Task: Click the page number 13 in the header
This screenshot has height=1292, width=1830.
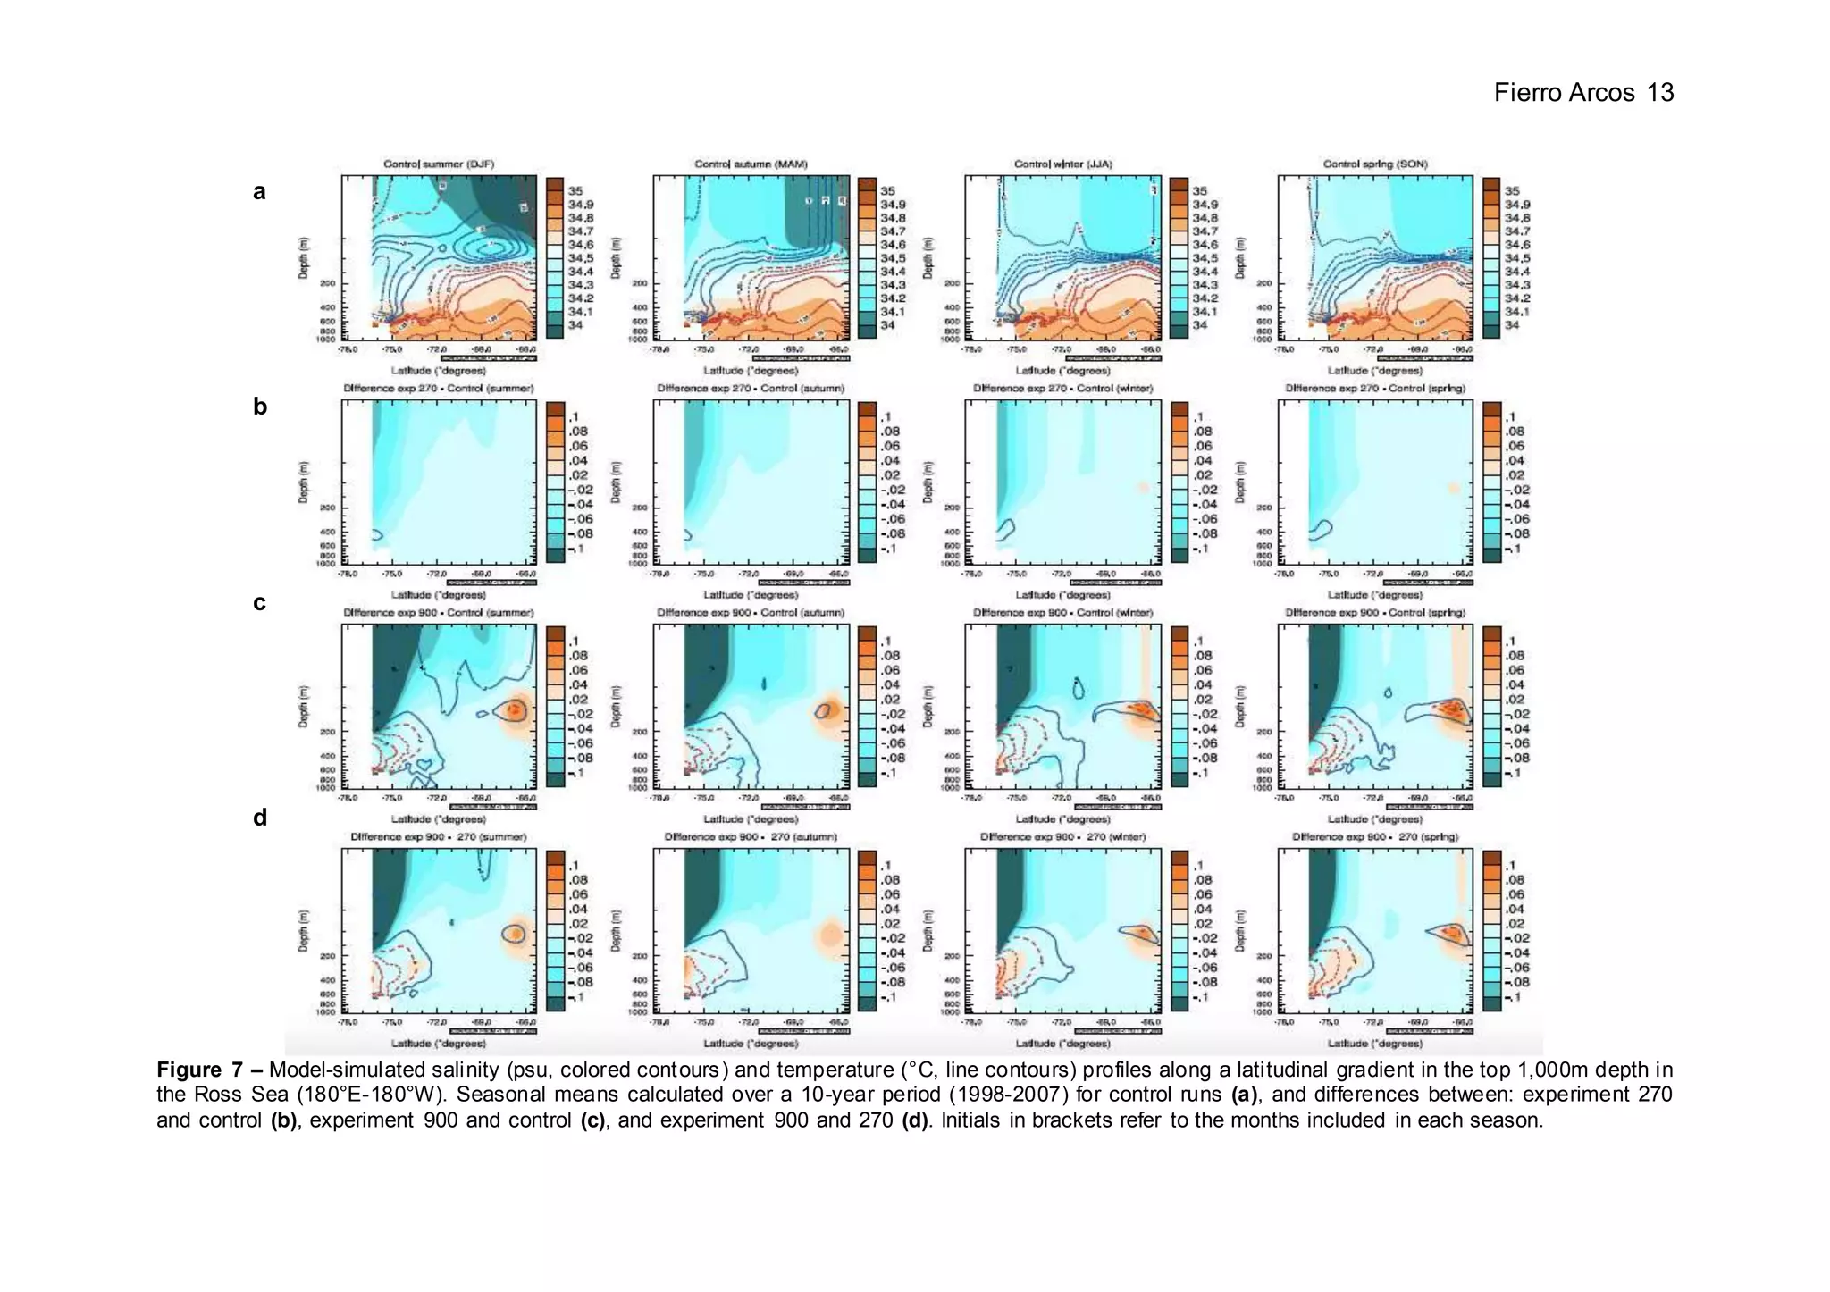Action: point(1660,93)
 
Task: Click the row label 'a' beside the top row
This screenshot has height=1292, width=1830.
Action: point(259,191)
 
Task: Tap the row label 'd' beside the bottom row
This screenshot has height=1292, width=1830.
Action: point(260,818)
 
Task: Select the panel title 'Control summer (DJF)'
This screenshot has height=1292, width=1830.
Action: point(438,164)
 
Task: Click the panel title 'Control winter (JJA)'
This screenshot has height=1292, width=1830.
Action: point(1062,164)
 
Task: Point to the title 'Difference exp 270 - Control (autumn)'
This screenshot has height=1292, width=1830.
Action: point(751,389)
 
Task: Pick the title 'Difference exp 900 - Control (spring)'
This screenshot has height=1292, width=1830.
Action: point(1374,613)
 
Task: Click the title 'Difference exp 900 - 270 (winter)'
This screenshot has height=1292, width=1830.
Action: point(1062,837)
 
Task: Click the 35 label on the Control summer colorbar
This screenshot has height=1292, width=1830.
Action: point(575,191)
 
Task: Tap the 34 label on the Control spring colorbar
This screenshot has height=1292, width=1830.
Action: point(1511,325)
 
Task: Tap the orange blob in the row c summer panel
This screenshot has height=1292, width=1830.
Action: point(516,711)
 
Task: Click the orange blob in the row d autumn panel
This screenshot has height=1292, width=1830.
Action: point(831,935)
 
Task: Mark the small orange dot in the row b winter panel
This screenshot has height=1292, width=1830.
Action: point(1142,488)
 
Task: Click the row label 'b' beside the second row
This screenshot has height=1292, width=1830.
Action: point(260,407)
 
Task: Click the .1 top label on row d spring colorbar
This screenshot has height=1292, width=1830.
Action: point(1510,865)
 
